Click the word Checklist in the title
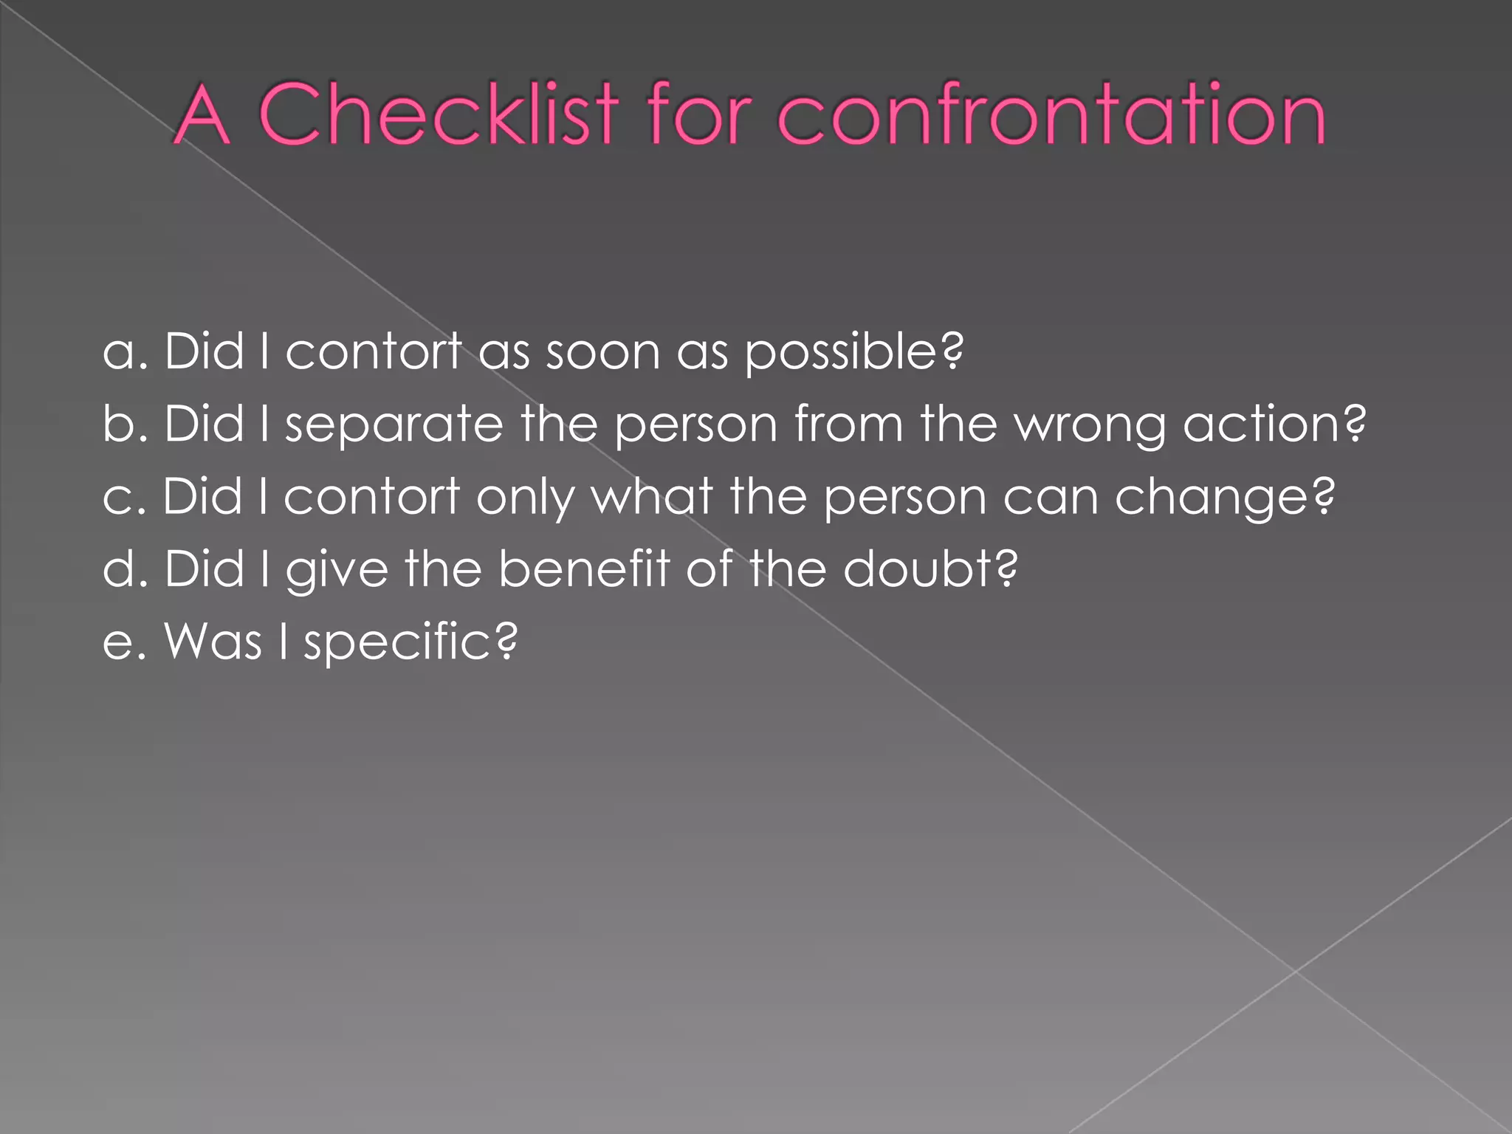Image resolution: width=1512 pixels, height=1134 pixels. (439, 114)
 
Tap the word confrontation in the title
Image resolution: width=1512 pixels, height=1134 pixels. (1051, 114)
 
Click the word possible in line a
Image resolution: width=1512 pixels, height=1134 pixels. (853, 353)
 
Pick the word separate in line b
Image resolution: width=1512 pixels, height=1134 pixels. (394, 425)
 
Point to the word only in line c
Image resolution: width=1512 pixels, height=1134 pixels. (525, 498)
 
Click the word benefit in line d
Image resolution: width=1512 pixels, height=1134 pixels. (583, 568)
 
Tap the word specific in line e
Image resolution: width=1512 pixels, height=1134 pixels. (410, 642)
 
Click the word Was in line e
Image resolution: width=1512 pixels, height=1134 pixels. (213, 641)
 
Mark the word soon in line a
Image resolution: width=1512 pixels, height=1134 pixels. (602, 353)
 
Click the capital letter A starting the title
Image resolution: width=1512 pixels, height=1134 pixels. (201, 114)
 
